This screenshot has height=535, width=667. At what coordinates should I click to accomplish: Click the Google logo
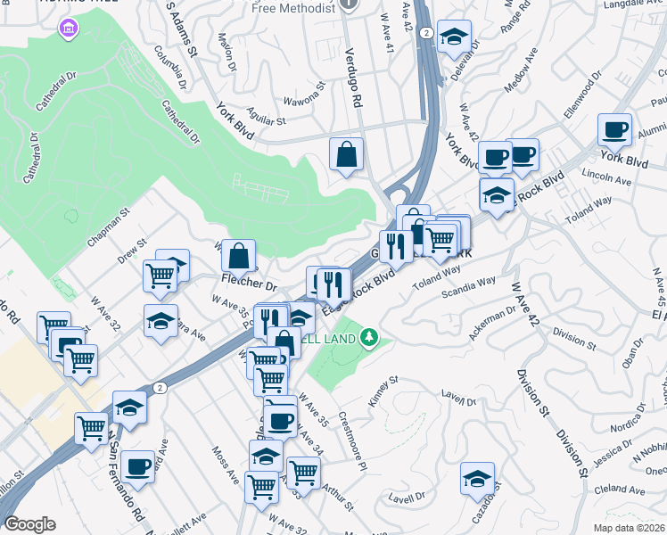pyautogui.click(x=29, y=524)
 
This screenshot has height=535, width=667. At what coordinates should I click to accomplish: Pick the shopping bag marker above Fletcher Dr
pyautogui.click(x=239, y=256)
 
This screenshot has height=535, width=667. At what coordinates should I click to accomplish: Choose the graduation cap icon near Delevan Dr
pyautogui.click(x=455, y=37)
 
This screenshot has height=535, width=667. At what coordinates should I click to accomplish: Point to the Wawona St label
pyautogui.click(x=306, y=101)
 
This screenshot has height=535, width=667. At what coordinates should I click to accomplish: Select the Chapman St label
pyautogui.click(x=109, y=227)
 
